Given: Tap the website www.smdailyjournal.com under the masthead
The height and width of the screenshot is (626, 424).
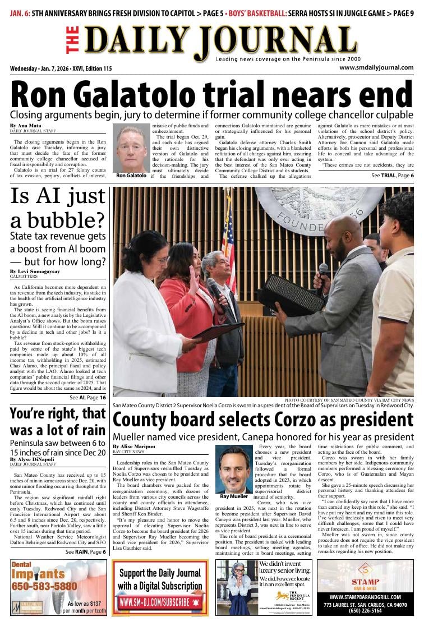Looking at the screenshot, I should (x=376, y=68).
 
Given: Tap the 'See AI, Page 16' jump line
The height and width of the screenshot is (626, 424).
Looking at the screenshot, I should (x=87, y=397).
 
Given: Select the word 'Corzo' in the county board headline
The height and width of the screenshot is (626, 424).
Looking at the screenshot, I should (x=302, y=420).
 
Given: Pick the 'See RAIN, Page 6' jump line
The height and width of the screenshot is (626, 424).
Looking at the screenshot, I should (x=85, y=551).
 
